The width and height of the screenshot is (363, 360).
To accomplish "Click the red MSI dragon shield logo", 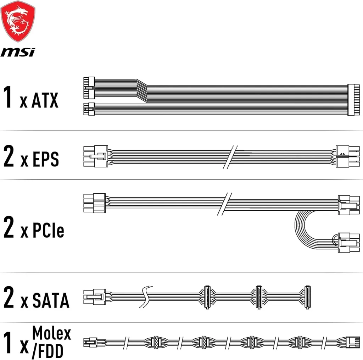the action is (18, 22).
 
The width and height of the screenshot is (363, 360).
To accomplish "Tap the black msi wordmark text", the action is (18, 52).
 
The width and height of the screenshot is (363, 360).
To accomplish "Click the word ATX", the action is (45, 100).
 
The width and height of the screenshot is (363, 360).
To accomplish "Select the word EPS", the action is (46, 159).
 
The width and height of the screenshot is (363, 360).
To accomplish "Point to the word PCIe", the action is (48, 230).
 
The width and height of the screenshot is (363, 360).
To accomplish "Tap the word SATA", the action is (51, 300).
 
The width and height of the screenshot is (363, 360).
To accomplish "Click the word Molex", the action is (51, 333).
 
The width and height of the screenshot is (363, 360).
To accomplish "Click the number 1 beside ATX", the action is (8, 96).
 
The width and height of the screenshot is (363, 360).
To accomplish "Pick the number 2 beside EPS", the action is (9, 156).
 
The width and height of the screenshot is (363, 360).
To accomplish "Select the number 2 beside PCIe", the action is (9, 227).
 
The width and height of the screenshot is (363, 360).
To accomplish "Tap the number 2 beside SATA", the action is (9, 297).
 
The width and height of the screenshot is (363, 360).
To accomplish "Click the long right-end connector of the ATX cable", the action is (353, 100).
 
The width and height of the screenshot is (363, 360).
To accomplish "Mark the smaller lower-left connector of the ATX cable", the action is (89, 109).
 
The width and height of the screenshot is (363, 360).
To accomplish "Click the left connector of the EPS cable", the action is (96, 156).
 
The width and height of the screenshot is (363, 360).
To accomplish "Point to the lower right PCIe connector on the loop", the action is (349, 243).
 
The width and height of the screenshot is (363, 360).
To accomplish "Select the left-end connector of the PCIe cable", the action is (94, 203).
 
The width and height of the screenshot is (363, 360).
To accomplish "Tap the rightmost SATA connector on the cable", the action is (307, 297).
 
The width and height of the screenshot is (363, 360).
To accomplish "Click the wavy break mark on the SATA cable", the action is (146, 297).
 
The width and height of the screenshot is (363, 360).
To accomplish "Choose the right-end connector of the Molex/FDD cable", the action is (353, 342).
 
